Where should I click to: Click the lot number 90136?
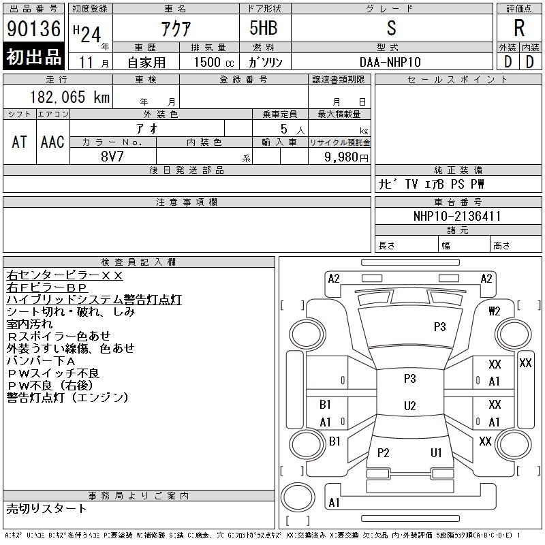coord(33,29)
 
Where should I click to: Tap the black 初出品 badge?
coord(33,57)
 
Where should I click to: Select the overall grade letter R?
coord(519,28)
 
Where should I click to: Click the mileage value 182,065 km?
coord(69,97)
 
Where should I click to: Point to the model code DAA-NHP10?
coord(390,62)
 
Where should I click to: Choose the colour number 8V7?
coord(112,157)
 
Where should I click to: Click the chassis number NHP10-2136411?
coord(456,216)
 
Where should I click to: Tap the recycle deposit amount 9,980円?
coord(346,157)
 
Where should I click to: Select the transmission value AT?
coord(20,142)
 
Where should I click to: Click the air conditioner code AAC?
coord(52,142)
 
